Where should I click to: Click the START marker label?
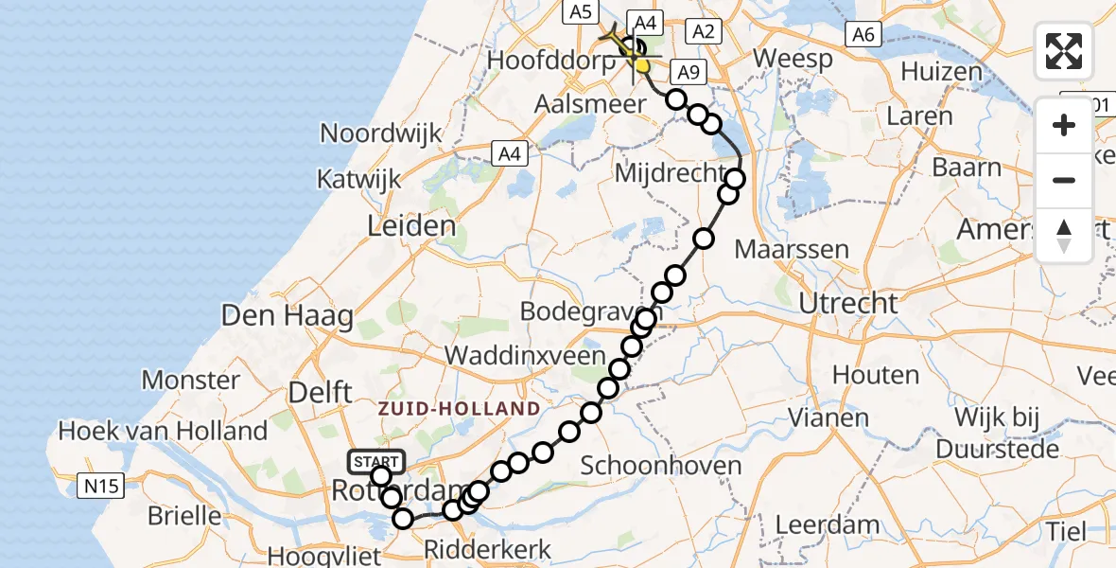[377, 461]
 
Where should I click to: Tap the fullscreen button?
[1064, 51]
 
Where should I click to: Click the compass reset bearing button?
[1064, 236]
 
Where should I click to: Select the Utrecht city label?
[848, 304]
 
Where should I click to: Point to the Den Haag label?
[287, 315]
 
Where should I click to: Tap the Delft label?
[320, 392]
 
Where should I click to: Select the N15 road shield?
[101, 487]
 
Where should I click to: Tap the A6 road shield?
[863, 35]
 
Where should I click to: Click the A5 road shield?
[580, 11]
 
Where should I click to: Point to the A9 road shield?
[687, 72]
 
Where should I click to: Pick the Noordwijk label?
[381, 133]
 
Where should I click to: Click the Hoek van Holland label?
[163, 432]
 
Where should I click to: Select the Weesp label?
[793, 60]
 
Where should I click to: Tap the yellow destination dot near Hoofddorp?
[642, 66]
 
